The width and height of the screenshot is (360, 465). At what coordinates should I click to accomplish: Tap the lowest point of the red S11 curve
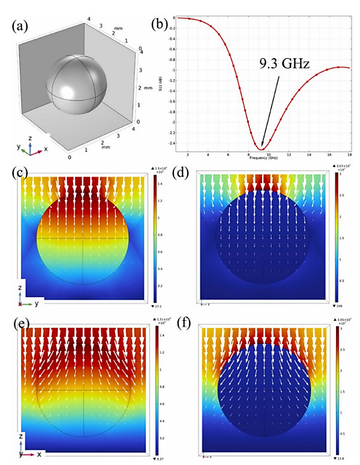[262, 149]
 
